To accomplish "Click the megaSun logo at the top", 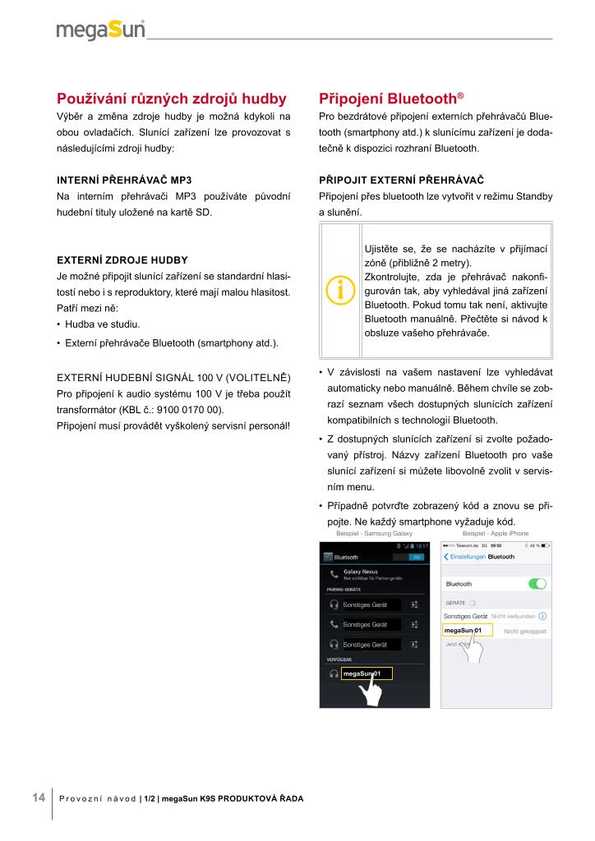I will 101,30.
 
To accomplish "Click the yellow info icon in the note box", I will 340,289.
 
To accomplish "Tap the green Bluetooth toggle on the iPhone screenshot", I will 537,584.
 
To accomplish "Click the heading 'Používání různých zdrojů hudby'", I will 171,99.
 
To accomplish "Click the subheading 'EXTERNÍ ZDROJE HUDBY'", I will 122,260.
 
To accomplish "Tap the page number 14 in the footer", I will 38,797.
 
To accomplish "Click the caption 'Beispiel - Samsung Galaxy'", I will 374,534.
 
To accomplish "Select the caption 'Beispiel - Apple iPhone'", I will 496,534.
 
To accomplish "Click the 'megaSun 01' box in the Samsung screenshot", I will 367,673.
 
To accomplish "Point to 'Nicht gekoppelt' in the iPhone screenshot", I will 525,631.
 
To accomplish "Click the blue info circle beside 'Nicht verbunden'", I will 542,615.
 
